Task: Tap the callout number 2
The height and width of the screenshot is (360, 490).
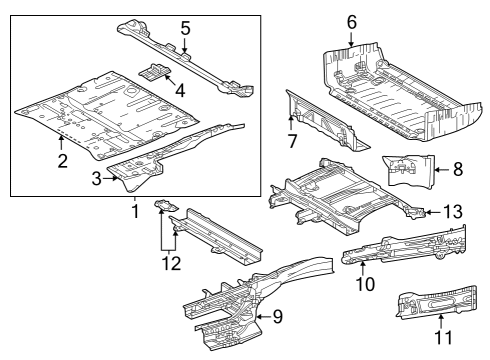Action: (62, 161)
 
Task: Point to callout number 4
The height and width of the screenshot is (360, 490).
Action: (179, 89)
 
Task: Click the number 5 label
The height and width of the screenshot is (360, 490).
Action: (185, 28)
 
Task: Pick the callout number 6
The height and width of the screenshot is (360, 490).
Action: (351, 21)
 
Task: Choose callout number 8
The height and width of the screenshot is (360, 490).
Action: (457, 170)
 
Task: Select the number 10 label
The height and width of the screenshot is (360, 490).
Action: (366, 284)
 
